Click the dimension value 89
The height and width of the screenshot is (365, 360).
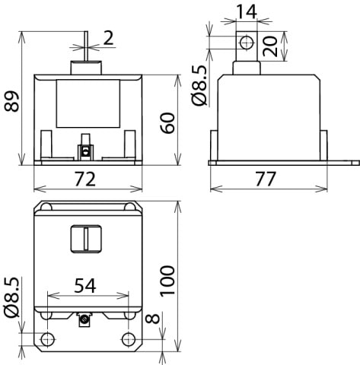tap(11, 97)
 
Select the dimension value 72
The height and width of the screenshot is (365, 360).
tap(85, 179)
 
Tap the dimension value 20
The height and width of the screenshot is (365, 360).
tap(291, 47)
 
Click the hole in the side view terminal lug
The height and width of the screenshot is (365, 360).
tap(245, 42)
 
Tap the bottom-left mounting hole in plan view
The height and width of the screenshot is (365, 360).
tap(47, 338)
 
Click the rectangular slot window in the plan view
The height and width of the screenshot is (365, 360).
tap(85, 239)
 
